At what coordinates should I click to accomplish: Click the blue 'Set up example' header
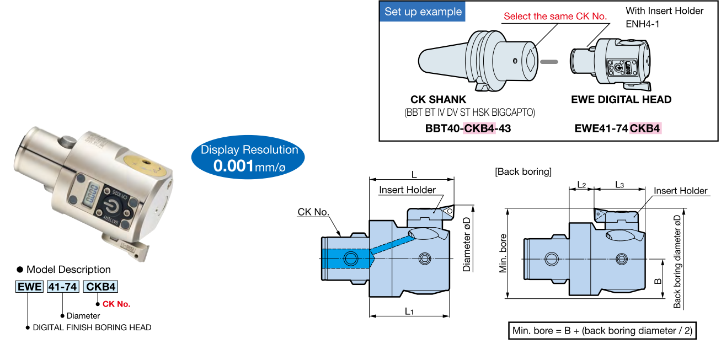[423, 12]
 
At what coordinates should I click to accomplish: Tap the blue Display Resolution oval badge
[249, 157]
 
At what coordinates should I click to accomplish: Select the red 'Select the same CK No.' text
[555, 17]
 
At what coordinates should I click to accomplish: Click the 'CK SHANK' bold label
[439, 100]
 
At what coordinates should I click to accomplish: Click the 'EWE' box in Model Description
[29, 287]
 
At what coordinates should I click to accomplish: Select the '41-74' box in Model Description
[63, 287]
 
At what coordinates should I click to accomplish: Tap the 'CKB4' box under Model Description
[100, 287]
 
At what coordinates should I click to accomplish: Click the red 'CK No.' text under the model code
[116, 304]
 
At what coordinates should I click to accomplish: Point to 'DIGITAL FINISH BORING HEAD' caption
[92, 327]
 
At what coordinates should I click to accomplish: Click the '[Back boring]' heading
[523, 171]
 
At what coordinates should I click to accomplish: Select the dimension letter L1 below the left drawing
[409, 311]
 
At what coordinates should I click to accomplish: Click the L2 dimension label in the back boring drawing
[581, 185]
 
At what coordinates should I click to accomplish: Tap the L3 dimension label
[619, 185]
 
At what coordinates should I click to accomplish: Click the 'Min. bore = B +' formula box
[602, 331]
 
